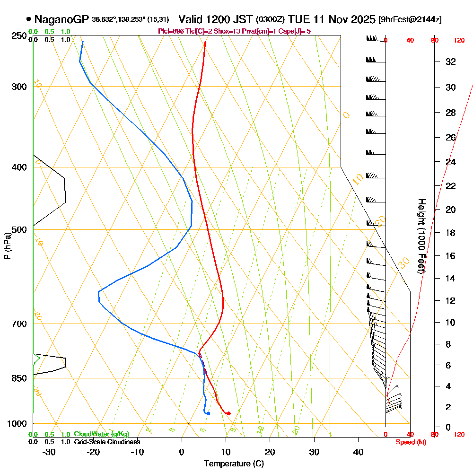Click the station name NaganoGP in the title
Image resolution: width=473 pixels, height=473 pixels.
click(x=61, y=19)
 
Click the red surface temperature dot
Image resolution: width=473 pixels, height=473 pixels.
click(x=228, y=413)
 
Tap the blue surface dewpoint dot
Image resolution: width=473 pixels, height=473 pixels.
click(x=208, y=413)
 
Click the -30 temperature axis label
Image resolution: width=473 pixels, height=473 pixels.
click(x=49, y=452)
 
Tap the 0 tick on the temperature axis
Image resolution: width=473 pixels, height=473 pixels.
click(x=182, y=452)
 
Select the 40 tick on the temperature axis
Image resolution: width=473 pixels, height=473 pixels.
click(x=358, y=452)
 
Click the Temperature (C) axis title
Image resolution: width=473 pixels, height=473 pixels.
click(x=234, y=464)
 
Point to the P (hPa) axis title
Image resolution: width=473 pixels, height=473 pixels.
click(x=8, y=246)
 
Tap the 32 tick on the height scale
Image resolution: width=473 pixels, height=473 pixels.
click(x=451, y=61)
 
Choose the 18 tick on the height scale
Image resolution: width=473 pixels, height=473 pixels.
click(x=451, y=233)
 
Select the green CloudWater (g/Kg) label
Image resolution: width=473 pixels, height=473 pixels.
click(x=101, y=434)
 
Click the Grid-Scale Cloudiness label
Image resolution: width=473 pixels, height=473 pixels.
click(x=106, y=442)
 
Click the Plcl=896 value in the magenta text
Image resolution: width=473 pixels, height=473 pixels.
click(x=171, y=31)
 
